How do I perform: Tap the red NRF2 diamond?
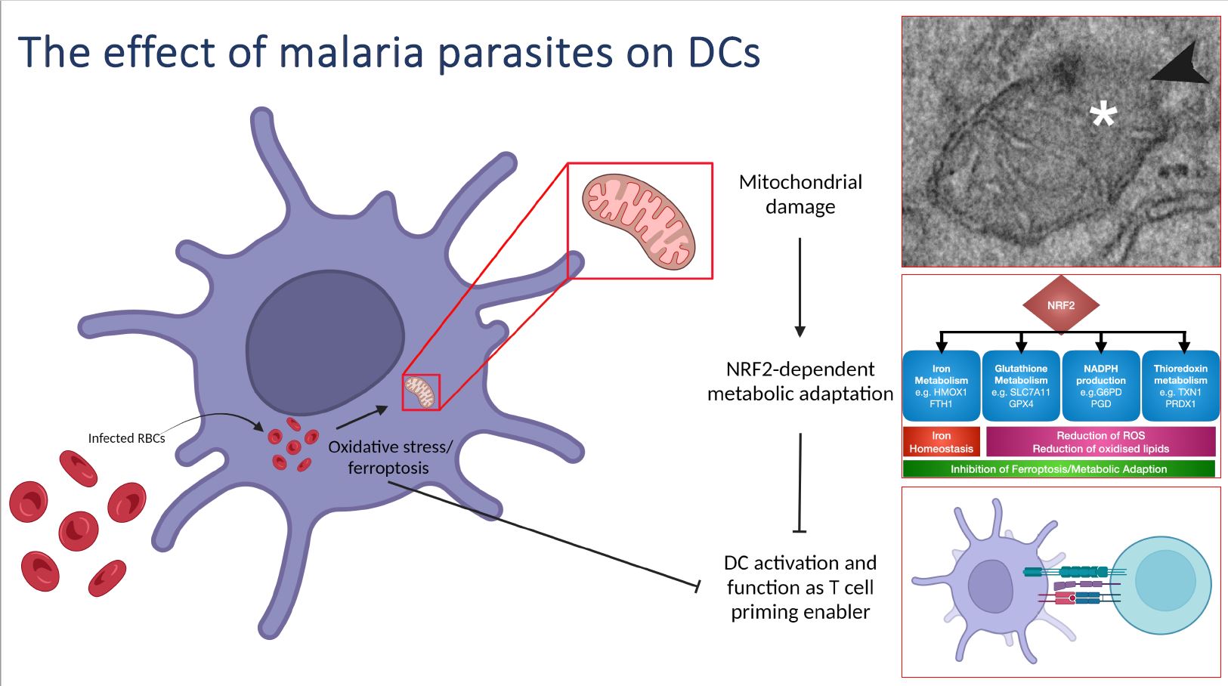1060,305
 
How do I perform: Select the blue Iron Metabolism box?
941,386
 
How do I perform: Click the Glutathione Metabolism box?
1021,386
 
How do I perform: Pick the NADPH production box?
1100,386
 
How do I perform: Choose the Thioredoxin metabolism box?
1180,386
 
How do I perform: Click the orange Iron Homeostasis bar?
941,442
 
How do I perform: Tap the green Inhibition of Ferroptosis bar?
1058,469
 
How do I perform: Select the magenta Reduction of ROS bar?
1100,442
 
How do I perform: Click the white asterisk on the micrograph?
1103,116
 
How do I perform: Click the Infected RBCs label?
126,438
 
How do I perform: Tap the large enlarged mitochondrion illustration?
639,221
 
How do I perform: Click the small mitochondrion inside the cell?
421,392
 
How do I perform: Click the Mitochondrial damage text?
800,194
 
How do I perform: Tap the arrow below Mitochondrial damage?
800,287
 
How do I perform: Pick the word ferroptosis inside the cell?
388,468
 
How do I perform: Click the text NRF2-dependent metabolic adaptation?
800,382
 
